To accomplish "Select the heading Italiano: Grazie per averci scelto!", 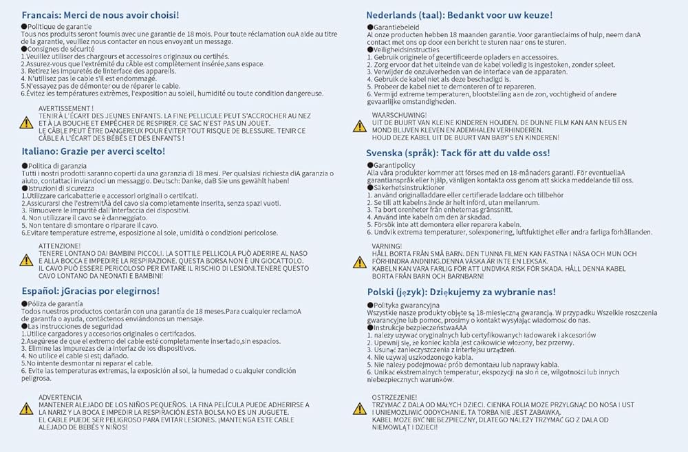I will coord(93,151).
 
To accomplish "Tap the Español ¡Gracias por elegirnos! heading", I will coord(90,290).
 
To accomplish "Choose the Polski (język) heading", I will coord(462,292).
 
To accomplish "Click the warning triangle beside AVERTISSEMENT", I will coord(26,123).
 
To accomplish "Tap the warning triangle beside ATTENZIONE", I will coord(26,260).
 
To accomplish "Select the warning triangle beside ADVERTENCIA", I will coord(26,409).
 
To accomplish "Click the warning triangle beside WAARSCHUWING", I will coord(359,126).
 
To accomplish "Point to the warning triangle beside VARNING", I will coord(359,262).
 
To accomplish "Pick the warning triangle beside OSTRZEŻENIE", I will coord(359,409).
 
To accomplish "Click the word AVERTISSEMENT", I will coord(66,109).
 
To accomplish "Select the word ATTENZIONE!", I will coord(60,246).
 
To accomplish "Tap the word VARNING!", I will coord(387,246).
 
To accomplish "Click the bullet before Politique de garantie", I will coord(24,25).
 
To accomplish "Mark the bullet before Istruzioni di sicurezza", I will coord(24,188).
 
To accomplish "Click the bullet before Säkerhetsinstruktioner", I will coord(369,187).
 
